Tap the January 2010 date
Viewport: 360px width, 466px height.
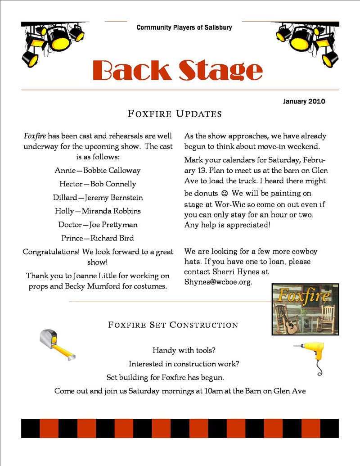pos(304,101)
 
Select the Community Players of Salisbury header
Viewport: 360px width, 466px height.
pos(184,27)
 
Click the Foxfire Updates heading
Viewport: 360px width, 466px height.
pos(175,113)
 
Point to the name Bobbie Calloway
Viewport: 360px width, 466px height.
pos(115,171)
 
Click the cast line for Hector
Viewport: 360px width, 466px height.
pos(98,184)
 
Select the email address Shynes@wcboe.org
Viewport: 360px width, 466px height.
pos(218,282)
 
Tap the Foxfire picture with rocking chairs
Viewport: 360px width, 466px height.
pos(305,309)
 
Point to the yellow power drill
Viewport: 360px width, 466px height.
pos(311,355)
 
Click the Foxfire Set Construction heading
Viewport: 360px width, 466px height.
pos(173,325)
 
